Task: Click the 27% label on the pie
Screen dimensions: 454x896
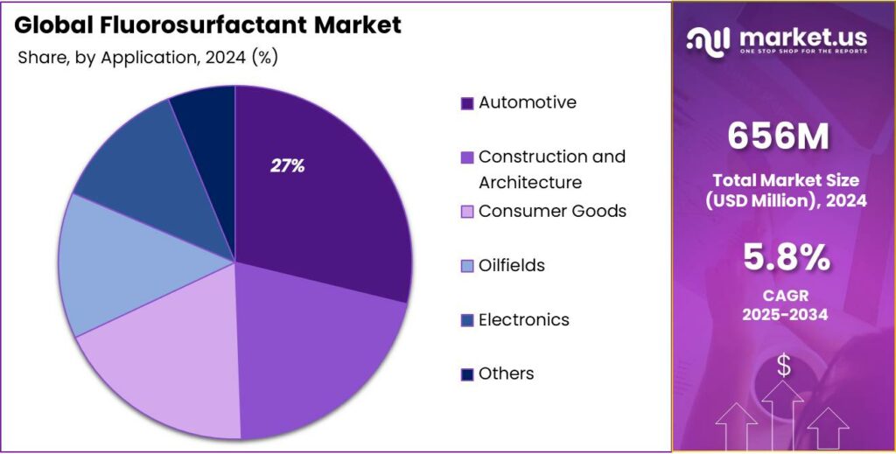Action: tap(287, 166)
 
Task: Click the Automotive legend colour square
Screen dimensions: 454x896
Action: tap(467, 103)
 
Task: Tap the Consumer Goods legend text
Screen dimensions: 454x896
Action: tap(552, 211)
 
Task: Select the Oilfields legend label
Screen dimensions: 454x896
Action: tap(512, 265)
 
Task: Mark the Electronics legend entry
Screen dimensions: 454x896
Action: tap(523, 319)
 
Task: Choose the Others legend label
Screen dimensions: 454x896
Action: tap(506, 374)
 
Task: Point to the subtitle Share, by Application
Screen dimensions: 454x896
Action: tap(101, 58)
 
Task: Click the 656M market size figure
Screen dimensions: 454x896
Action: tap(778, 136)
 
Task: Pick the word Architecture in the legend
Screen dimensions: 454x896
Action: tap(529, 183)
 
